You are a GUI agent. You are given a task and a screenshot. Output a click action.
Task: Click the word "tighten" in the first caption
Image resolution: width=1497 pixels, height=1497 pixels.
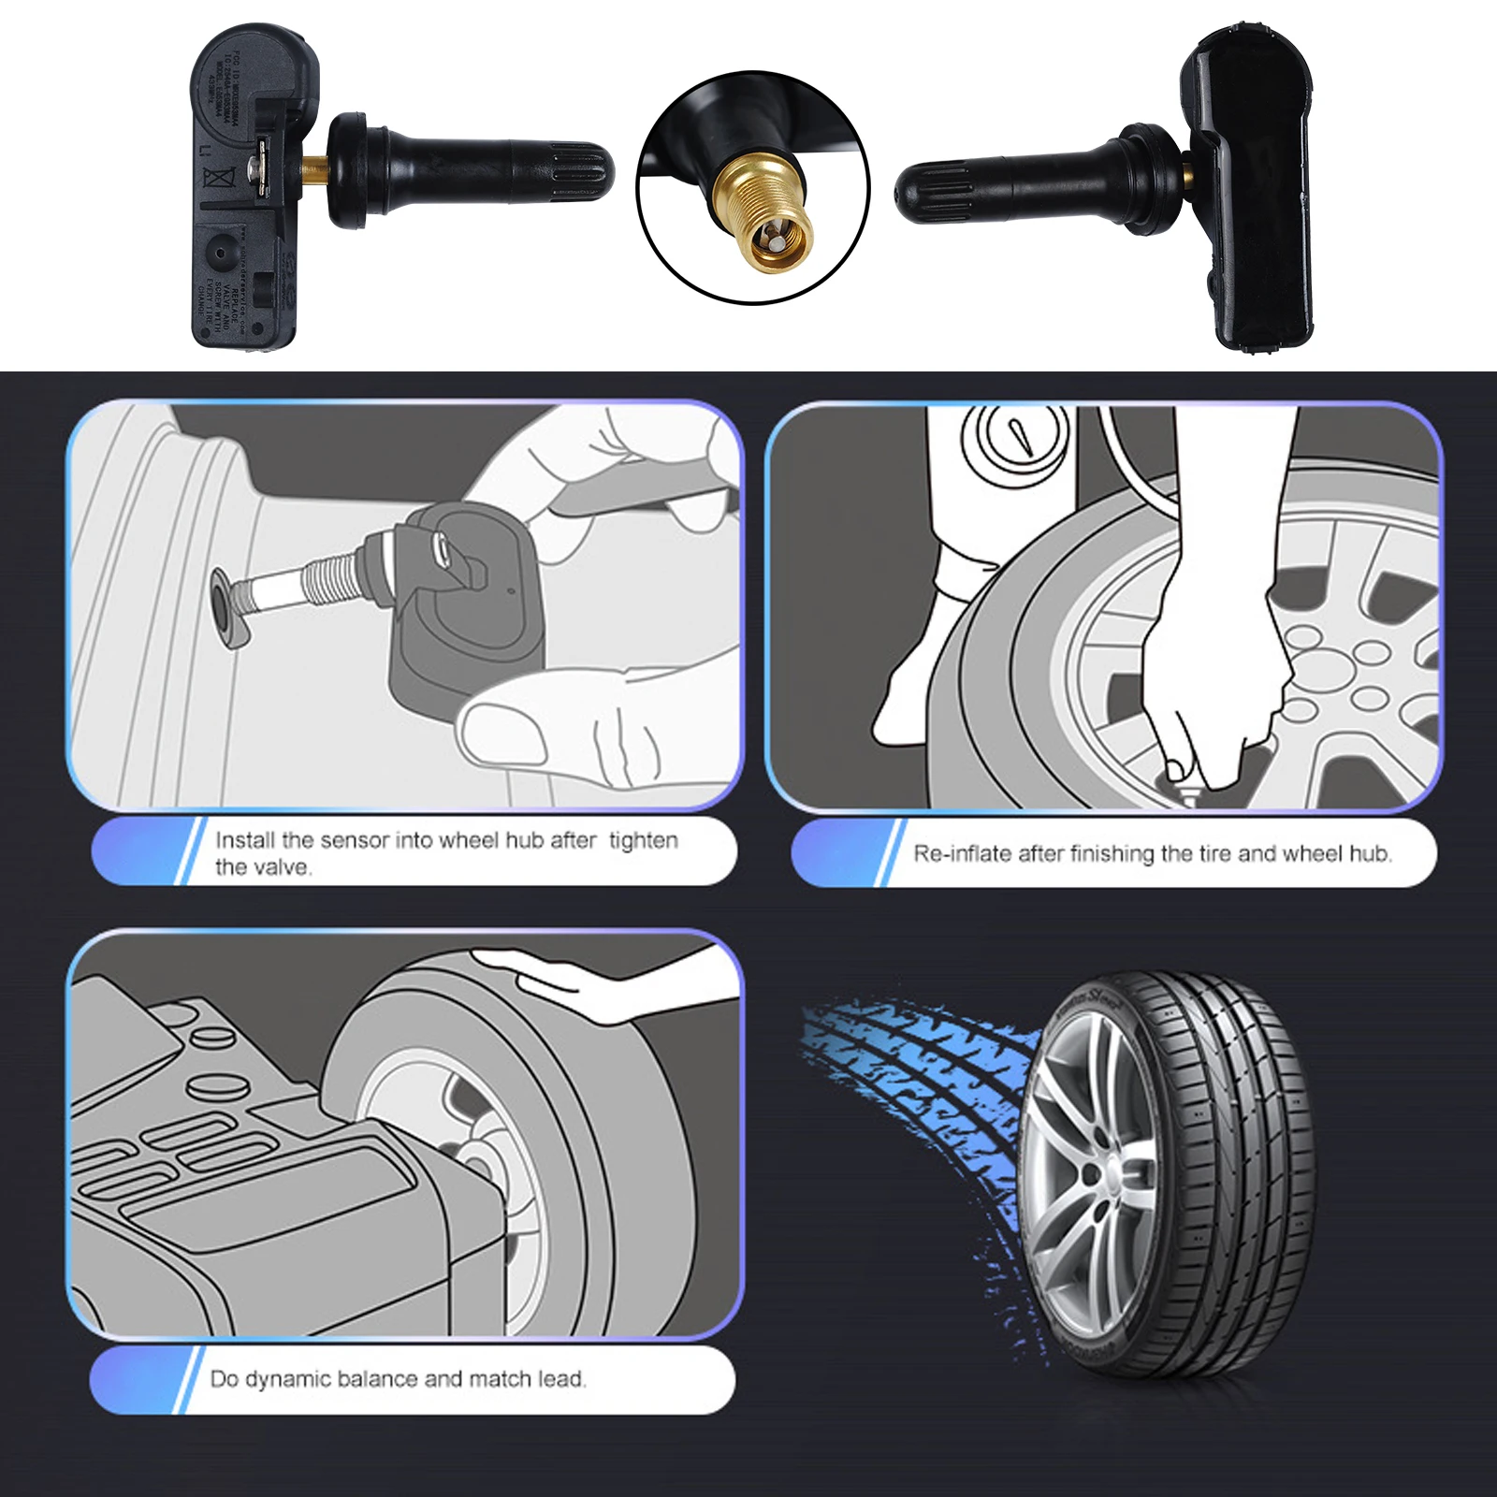[643, 840]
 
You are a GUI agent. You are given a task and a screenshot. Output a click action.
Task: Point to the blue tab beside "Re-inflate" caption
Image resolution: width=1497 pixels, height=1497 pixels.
[842, 852]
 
